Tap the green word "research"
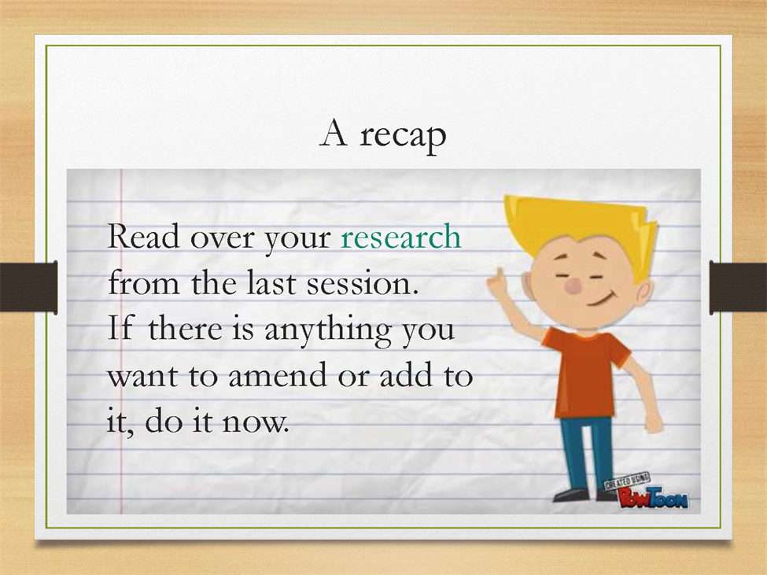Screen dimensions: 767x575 click(401, 237)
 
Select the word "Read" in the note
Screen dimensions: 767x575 click(143, 236)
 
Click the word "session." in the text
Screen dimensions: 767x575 click(363, 283)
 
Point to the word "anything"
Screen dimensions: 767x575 click(327, 330)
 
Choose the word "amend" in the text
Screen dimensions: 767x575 click(278, 375)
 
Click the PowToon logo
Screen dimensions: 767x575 click(646, 492)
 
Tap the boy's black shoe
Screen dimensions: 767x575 click(573, 495)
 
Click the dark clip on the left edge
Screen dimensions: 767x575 click(28, 287)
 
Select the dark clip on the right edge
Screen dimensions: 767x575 click(738, 287)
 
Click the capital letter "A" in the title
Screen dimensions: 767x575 click(334, 133)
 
